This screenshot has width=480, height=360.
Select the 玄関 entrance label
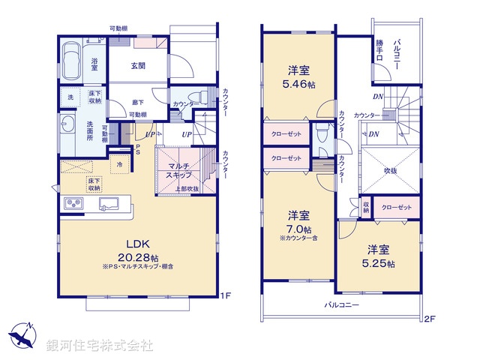click(x=137, y=65)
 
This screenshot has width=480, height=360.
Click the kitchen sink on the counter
click(x=109, y=202)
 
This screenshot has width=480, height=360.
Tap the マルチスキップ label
click(x=181, y=170)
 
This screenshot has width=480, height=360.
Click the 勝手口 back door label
click(x=380, y=51)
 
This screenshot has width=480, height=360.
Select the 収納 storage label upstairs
click(x=366, y=206)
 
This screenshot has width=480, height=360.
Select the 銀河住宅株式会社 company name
click(x=100, y=346)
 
